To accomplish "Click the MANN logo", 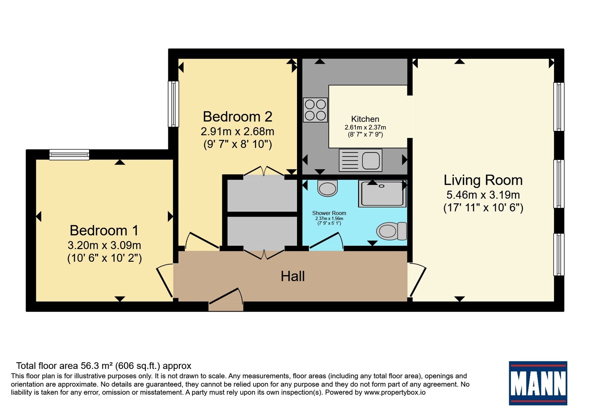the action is (x=538, y=383).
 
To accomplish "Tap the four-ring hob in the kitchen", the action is (x=315, y=110).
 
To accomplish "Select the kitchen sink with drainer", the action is (x=361, y=160).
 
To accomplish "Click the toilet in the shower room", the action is (x=392, y=231).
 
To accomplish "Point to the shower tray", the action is (x=382, y=194).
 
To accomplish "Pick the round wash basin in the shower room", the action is (x=327, y=188).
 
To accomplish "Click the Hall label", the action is (x=293, y=276).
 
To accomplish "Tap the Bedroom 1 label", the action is (x=104, y=231).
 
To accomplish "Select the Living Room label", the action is (x=483, y=180).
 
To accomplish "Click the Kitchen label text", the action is (x=365, y=119).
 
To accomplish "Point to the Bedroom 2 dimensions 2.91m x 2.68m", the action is (x=238, y=131).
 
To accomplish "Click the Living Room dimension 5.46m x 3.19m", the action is (x=483, y=195).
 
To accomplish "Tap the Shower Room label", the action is (x=329, y=213).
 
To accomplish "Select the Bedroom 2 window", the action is (x=173, y=104).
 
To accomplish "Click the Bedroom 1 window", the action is (x=69, y=155).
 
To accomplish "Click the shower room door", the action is (x=327, y=241).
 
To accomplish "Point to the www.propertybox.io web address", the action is (x=395, y=392).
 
